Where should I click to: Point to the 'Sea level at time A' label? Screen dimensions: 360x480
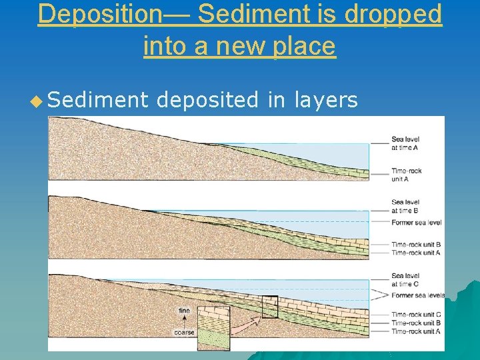click(405, 144)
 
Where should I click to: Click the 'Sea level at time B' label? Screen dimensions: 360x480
click(405, 206)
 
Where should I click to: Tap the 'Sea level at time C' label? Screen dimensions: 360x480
click(405, 280)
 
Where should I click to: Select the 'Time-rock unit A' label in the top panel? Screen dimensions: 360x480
click(406, 175)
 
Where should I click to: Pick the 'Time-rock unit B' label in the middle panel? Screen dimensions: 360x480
click(415, 245)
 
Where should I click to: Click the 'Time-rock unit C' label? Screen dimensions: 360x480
click(415, 315)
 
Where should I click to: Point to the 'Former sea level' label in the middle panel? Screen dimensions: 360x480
click(416, 222)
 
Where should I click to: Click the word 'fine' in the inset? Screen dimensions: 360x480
click(184, 310)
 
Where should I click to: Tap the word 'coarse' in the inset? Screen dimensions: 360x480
click(184, 332)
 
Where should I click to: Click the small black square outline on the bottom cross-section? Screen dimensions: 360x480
click(269, 307)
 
